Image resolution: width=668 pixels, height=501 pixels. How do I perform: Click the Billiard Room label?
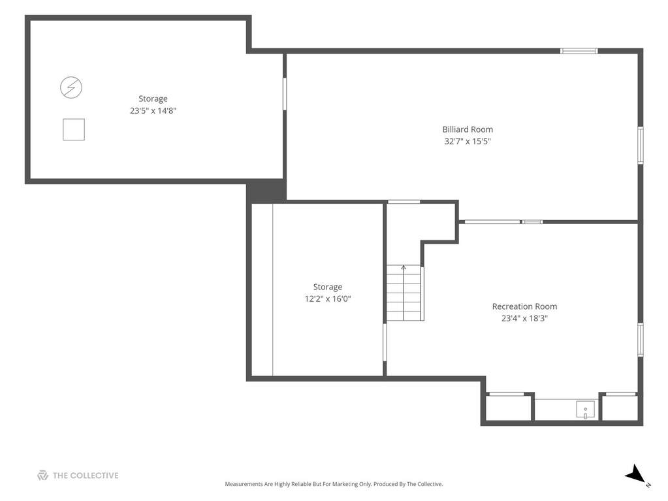(x=468, y=129)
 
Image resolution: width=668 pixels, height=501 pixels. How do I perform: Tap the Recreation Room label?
(x=524, y=306)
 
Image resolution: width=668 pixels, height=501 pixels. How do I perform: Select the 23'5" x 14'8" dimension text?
(x=153, y=111)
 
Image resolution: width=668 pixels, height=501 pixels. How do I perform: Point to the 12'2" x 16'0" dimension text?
(x=328, y=299)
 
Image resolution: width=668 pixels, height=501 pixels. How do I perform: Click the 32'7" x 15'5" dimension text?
(x=468, y=141)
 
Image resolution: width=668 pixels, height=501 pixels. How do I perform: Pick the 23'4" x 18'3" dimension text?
(x=524, y=318)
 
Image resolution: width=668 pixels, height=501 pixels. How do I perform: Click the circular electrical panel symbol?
(x=71, y=88)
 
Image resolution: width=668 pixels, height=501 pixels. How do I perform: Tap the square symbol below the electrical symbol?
(x=74, y=129)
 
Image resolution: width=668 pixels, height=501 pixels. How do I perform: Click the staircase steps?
(x=404, y=293)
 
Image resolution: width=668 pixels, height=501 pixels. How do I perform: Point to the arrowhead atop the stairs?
(x=404, y=268)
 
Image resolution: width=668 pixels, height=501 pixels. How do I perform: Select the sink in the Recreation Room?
(x=585, y=410)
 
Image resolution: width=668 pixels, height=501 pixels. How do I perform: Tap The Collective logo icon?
(x=42, y=476)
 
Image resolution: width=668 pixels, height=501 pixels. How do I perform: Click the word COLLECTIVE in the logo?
(x=94, y=476)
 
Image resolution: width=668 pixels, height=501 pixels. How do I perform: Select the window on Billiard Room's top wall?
(x=579, y=51)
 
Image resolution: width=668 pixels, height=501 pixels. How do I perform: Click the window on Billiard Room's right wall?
(x=641, y=145)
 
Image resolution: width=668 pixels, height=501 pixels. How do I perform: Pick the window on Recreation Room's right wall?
(x=641, y=340)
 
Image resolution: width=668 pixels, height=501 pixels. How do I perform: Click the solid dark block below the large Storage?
(x=266, y=191)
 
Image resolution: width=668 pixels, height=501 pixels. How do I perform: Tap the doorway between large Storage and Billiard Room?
(x=285, y=93)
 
